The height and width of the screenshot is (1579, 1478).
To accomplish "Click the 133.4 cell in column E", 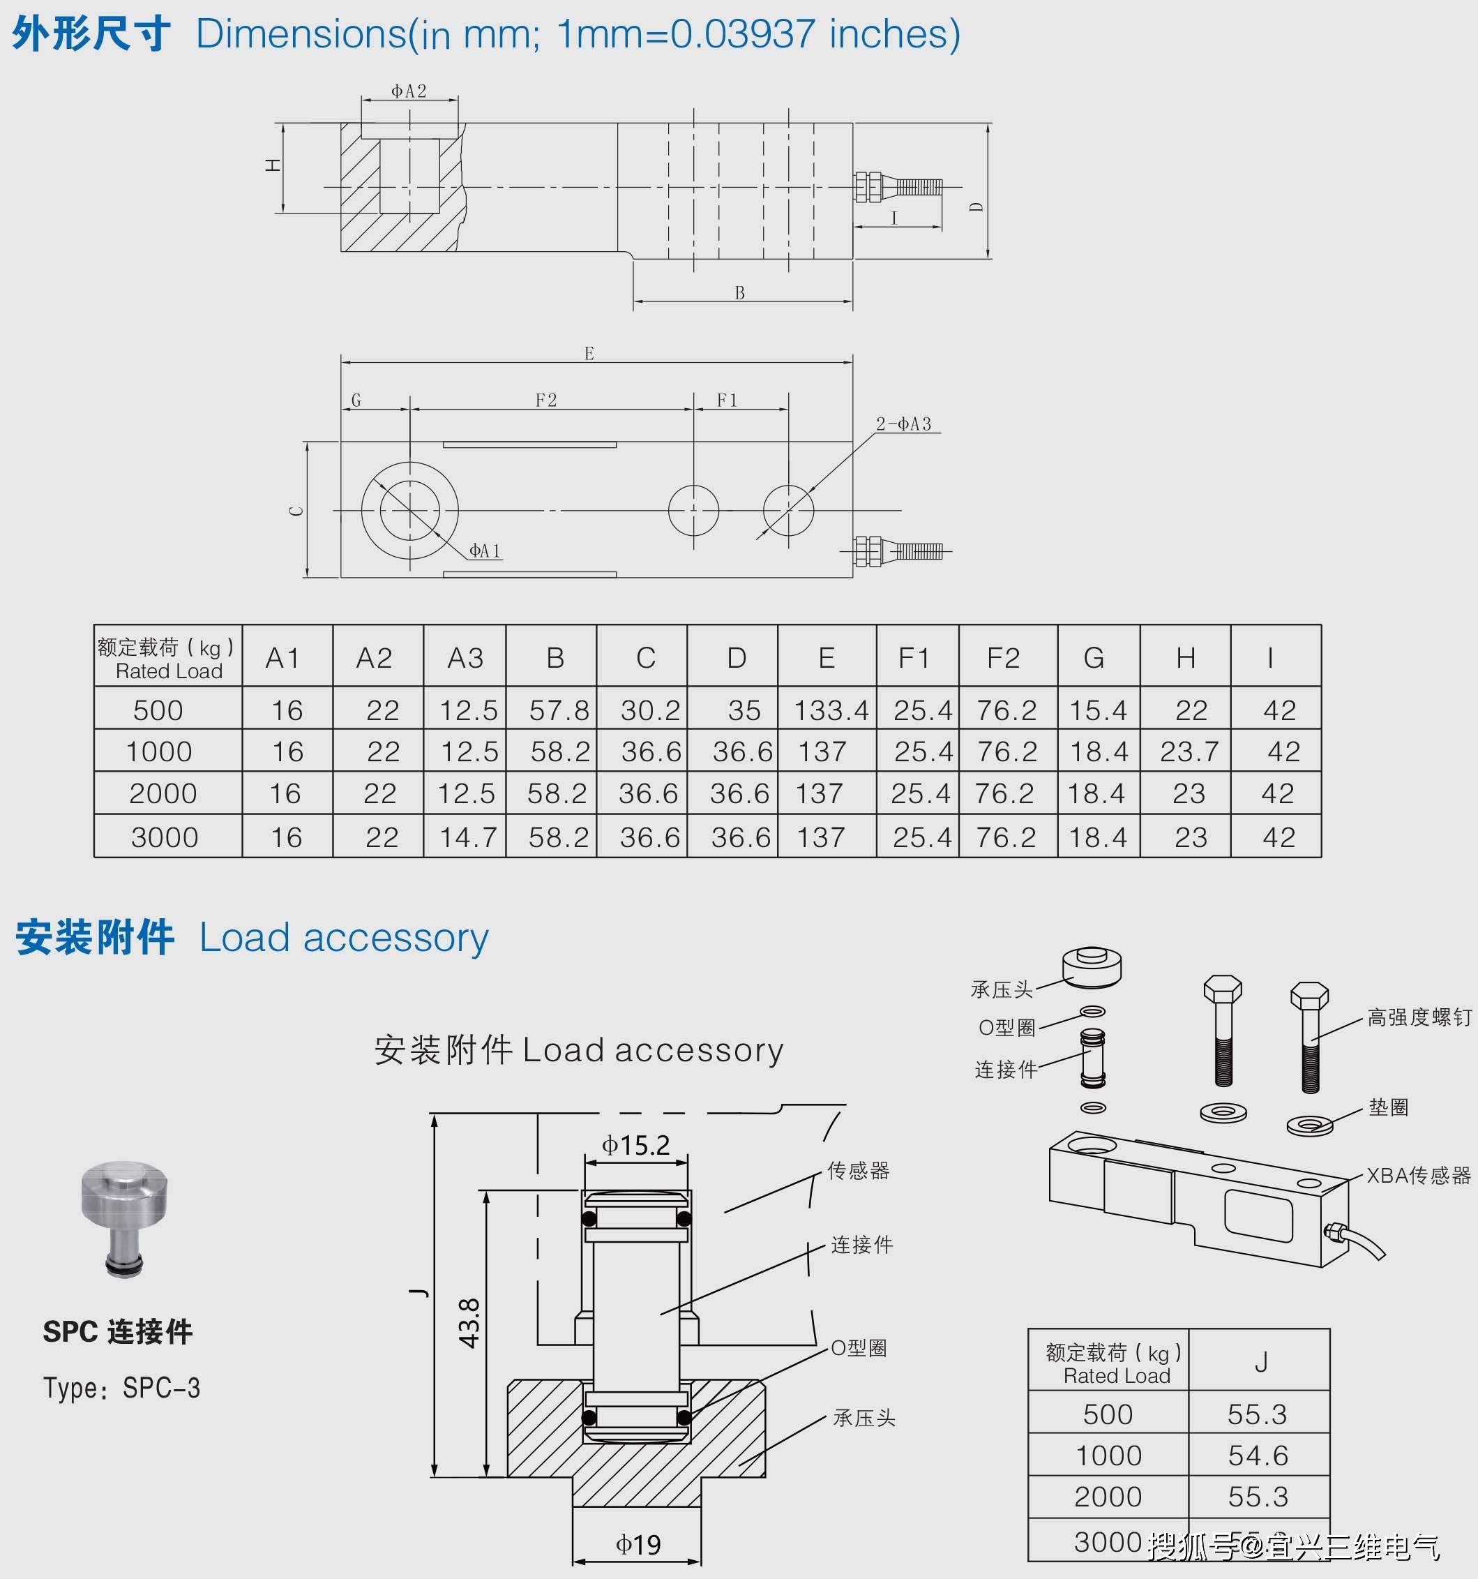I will (x=831, y=710).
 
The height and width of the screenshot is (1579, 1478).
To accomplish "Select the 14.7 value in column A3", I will (x=468, y=837).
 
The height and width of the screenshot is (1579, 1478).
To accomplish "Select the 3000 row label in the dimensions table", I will (x=165, y=837).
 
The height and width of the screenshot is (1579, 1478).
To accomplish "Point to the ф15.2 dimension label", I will (x=635, y=1144).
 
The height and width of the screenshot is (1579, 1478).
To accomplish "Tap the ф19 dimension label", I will (x=638, y=1544).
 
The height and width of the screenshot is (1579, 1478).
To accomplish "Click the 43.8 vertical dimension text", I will (x=469, y=1323).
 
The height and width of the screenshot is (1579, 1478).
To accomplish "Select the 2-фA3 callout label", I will (x=904, y=424).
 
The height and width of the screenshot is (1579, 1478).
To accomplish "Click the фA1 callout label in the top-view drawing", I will (x=485, y=551).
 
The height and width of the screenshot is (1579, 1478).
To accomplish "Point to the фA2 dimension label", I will (x=408, y=91).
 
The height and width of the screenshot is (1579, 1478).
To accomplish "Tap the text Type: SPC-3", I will (x=121, y=1388).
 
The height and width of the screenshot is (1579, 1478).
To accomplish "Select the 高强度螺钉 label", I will (x=1419, y=1017).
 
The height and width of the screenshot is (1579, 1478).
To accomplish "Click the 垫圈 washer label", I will (x=1388, y=1107).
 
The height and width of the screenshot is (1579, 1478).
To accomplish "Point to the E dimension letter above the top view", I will (x=589, y=354).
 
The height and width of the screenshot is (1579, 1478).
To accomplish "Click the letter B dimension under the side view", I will (x=739, y=293).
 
